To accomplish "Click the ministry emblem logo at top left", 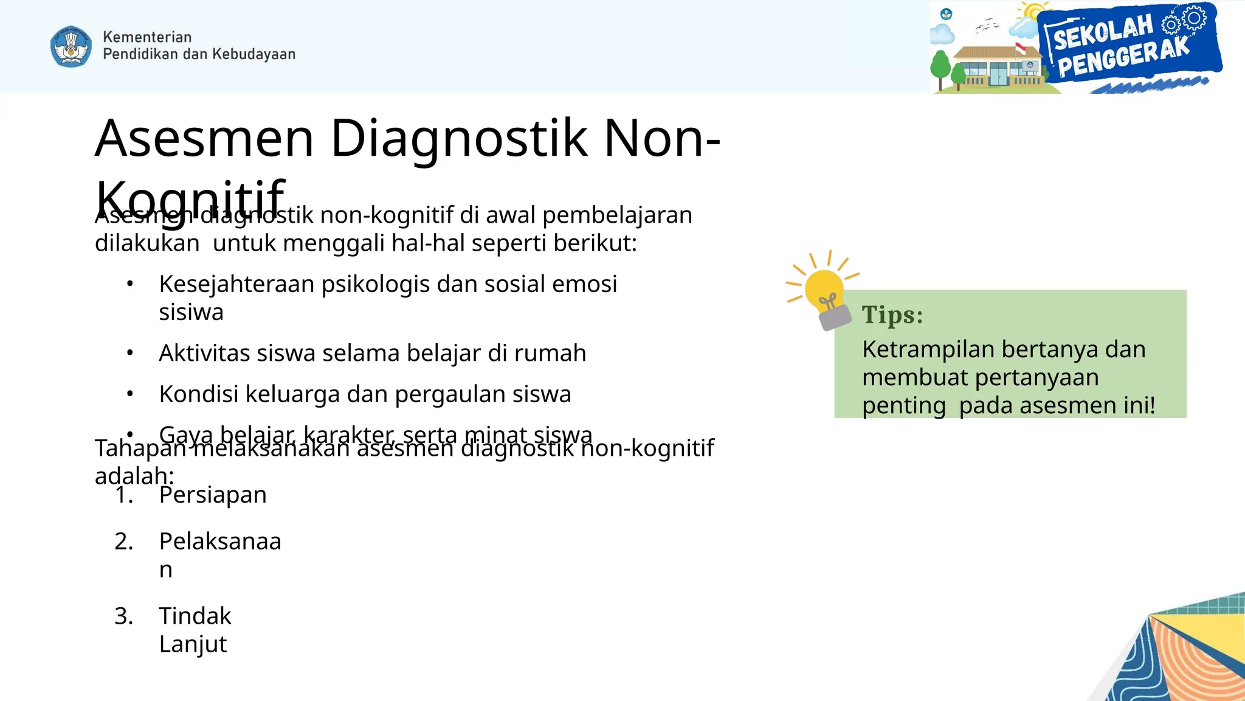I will coord(71,46).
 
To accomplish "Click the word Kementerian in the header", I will coord(147,37).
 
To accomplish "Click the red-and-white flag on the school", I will coord(1021,47).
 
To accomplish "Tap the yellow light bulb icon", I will coord(824,290).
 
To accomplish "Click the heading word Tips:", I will coord(892,315).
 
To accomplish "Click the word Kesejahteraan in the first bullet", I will coord(236,284).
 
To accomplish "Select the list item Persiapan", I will coord(213,495).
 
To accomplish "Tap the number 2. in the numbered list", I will coord(124,541).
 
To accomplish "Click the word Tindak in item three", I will coord(195,616).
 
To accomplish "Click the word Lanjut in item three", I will coord(193,644).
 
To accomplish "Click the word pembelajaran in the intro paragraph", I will coord(616,215).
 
